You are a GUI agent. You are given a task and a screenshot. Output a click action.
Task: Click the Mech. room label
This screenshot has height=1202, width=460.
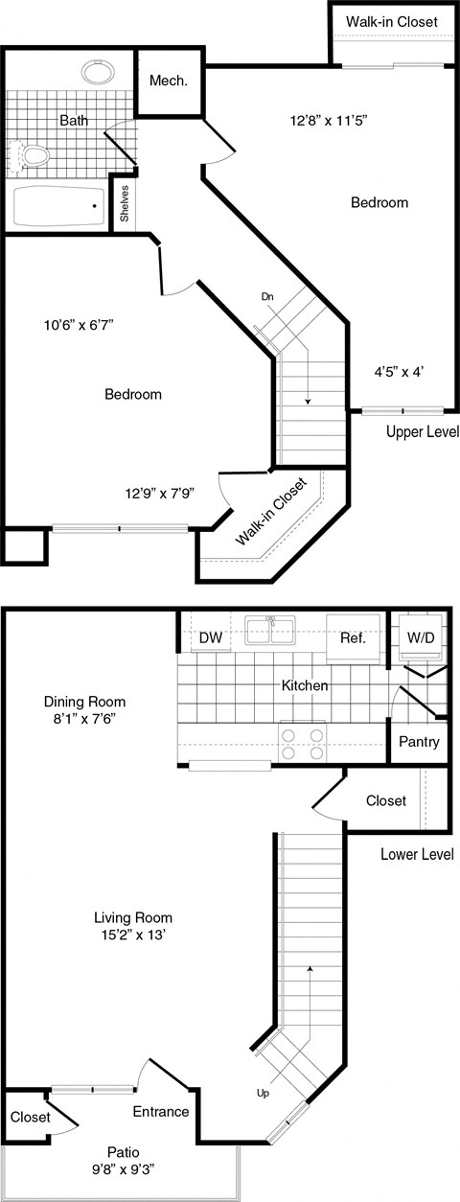168,81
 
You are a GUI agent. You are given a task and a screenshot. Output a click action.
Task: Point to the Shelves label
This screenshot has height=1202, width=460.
125,202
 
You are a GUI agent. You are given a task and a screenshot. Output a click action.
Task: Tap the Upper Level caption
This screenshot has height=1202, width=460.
422,432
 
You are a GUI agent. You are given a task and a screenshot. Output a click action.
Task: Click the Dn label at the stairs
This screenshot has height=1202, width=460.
267,297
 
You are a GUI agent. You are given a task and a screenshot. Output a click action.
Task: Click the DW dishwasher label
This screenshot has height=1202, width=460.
210,638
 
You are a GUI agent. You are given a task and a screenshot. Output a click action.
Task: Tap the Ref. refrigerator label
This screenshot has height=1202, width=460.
353,638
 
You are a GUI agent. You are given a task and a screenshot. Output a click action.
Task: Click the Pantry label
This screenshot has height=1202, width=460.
420,741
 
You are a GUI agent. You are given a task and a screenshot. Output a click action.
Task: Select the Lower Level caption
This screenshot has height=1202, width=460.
417,853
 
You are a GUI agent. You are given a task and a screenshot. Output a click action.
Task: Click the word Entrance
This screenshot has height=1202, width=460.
161,1111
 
